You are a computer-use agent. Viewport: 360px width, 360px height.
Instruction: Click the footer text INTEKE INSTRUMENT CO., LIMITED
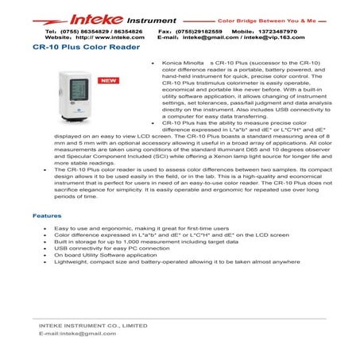pos(93,325)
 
